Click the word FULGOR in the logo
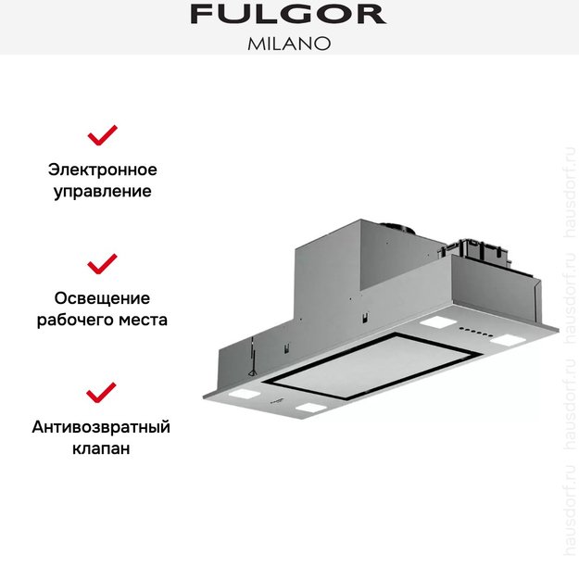click(x=288, y=14)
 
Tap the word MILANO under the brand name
click(x=289, y=43)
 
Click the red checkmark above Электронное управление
click(x=102, y=135)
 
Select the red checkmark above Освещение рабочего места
click(x=102, y=263)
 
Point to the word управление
click(x=102, y=193)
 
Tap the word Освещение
click(x=102, y=298)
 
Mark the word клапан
click(x=102, y=449)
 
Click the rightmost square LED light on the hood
click(x=509, y=342)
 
